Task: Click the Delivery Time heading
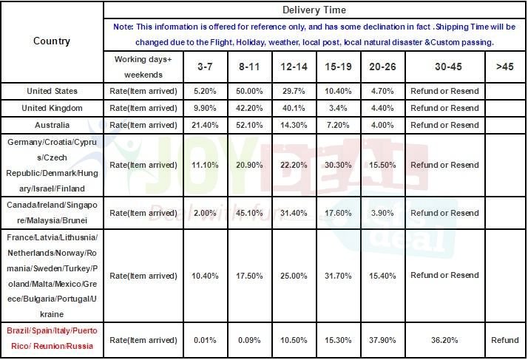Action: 314,11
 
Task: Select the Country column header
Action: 52,41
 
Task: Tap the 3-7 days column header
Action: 204,67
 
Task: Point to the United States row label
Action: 52,91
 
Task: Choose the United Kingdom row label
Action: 52,108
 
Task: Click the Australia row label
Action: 52,125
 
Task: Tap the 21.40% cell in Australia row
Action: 204,125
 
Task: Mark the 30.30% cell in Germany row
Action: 337,164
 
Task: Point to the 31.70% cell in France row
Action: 337,276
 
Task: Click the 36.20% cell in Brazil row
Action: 444,340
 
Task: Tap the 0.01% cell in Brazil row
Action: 204,340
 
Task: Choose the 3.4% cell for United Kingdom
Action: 337,108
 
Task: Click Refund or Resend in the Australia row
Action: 444,125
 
